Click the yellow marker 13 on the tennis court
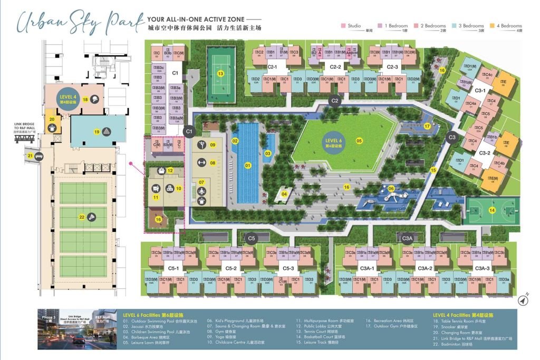pos(220,74)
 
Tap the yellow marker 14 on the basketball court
pos(493,210)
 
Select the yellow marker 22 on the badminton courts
pos(82,216)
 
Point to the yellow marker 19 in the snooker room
pos(97,132)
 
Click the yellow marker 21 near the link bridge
pos(30,156)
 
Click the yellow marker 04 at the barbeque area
pos(284,194)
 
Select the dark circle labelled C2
pos(334,100)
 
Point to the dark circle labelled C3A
pos(407,239)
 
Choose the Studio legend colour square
pos(343,26)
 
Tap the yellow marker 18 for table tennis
pos(84,100)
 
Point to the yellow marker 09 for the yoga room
pos(213,145)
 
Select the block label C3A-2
pos(425,268)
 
